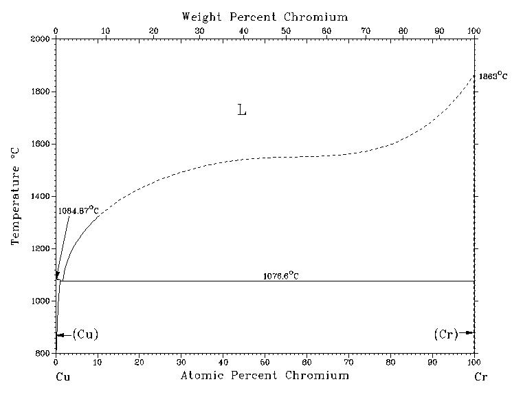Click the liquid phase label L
[241, 110]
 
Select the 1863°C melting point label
[493, 76]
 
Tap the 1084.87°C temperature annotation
[79, 210]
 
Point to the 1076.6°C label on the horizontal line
[280, 276]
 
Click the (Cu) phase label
[85, 334]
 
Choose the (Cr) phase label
[446, 334]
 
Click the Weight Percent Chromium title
[265, 17]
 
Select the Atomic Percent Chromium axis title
[265, 376]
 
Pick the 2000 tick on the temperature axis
[41, 39]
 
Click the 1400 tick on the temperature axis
[41, 196]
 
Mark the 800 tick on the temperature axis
[41, 354]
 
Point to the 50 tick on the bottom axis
[265, 362]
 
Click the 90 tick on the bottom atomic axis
[432, 362]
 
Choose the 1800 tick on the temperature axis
[41, 92]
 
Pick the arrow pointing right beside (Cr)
[468, 333]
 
